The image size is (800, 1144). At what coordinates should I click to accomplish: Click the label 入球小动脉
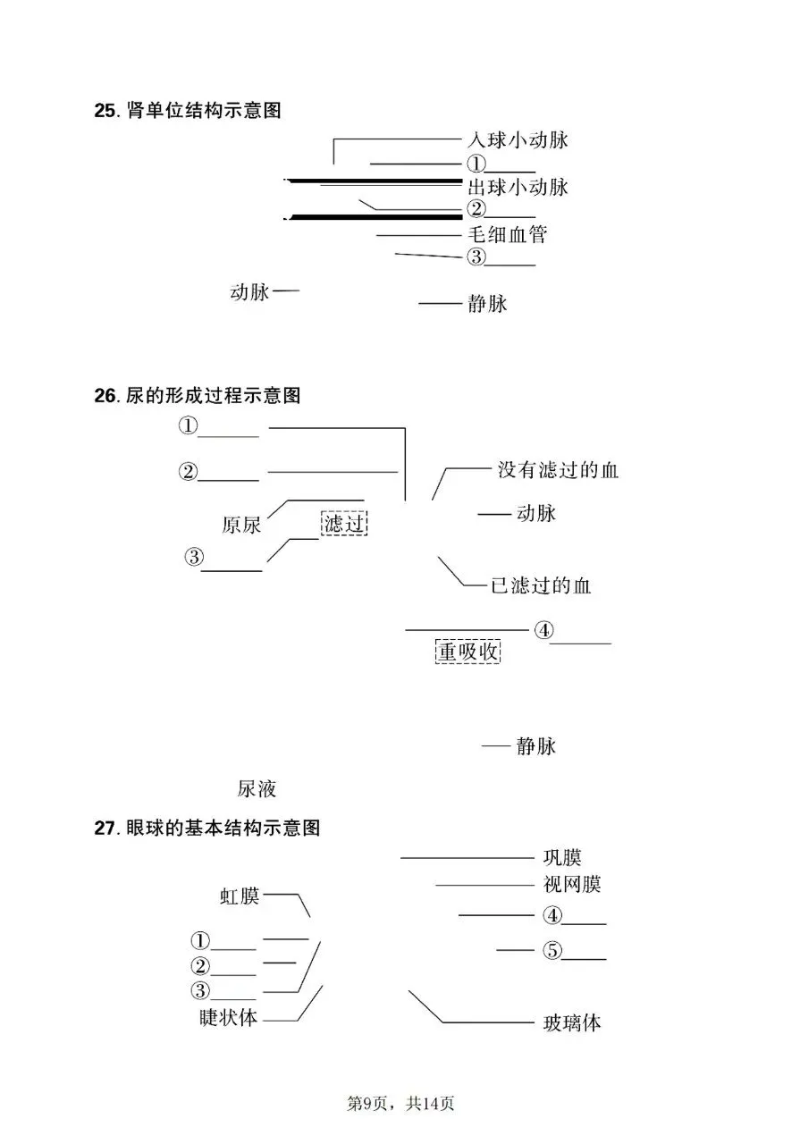(x=518, y=140)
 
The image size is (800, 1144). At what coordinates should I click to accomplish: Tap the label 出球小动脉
(x=518, y=188)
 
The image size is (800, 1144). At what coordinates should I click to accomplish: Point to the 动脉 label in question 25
(x=249, y=292)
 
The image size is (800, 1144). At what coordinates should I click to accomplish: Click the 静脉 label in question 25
(x=487, y=304)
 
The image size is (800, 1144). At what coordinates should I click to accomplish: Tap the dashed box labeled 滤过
(x=344, y=524)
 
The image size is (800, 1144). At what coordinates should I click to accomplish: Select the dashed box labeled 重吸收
(x=467, y=652)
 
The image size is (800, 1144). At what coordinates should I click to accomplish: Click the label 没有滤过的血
(x=558, y=470)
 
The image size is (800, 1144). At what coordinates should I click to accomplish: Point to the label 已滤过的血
(x=541, y=586)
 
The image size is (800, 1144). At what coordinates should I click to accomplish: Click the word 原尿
(x=241, y=526)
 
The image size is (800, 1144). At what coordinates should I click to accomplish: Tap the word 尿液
(x=257, y=789)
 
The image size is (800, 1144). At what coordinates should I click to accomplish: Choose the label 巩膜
(x=562, y=858)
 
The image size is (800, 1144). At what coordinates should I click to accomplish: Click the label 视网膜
(x=572, y=885)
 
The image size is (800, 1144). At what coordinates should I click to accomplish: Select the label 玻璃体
(x=572, y=1023)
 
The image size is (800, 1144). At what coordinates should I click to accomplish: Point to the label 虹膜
(x=240, y=896)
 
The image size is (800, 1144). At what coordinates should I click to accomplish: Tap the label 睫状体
(x=228, y=1018)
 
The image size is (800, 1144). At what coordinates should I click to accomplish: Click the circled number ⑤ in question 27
(x=552, y=951)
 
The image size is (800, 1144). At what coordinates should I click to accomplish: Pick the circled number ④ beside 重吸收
(x=543, y=630)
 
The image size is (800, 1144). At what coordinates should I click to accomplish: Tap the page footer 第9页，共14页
(x=400, y=1104)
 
